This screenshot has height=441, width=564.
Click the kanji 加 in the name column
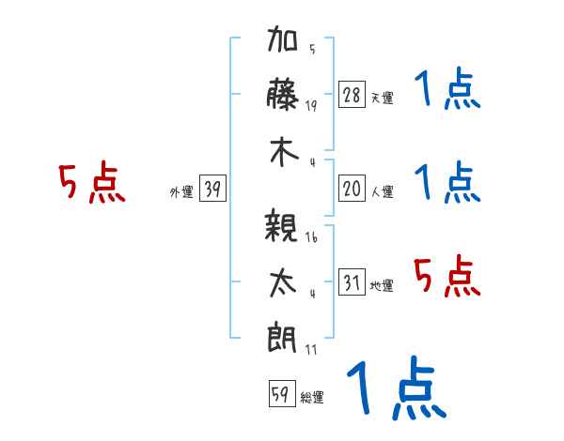pyautogui.click(x=282, y=38)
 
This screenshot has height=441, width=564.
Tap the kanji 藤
pyautogui.click(x=282, y=95)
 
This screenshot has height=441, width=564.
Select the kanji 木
pyautogui.click(x=284, y=152)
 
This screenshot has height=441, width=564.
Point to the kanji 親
pyautogui.click(x=281, y=225)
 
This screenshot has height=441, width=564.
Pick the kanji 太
pyautogui.click(x=283, y=283)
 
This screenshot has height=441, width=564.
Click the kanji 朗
pyautogui.click(x=282, y=338)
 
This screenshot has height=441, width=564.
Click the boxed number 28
pyautogui.click(x=352, y=94)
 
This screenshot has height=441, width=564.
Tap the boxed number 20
pyautogui.click(x=352, y=188)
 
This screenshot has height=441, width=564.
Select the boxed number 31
pyautogui.click(x=352, y=281)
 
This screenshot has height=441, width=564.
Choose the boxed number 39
pyautogui.click(x=212, y=188)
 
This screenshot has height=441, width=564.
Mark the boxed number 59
pyautogui.click(x=282, y=393)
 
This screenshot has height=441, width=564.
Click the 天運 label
pyautogui.click(x=383, y=98)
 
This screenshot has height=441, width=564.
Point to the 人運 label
pyautogui.click(x=383, y=191)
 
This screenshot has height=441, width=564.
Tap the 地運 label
pyautogui.click(x=382, y=285)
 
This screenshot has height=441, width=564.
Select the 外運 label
pyautogui.click(x=181, y=191)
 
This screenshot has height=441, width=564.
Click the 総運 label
pyautogui.click(x=312, y=397)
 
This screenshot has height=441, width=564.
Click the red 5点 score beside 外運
pyautogui.click(x=92, y=182)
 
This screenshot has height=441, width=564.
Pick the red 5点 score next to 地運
pyautogui.click(x=447, y=276)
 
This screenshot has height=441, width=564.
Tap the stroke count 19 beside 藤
pyautogui.click(x=311, y=106)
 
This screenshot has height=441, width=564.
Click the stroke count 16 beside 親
pyautogui.click(x=311, y=237)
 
